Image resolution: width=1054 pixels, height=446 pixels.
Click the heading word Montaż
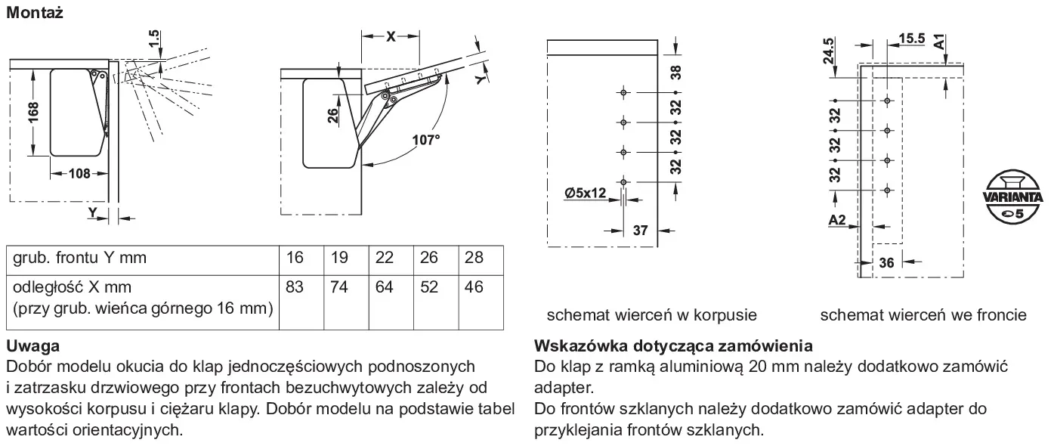point(34,13)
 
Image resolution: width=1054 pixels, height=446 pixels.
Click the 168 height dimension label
point(33,112)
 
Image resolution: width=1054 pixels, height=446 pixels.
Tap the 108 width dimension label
point(79,174)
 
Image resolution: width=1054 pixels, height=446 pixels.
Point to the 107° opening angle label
point(426,140)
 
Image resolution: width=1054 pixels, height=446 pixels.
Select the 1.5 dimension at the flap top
point(154,39)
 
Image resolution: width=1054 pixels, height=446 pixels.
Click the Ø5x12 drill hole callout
point(585,193)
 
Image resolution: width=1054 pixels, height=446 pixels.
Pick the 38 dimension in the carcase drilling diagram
point(675,72)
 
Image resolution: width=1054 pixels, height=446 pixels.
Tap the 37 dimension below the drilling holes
point(640,231)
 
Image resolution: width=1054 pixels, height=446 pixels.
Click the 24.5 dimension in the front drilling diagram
point(829,51)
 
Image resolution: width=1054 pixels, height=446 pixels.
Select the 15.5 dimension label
point(911,38)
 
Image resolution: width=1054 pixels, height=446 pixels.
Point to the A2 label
point(836,219)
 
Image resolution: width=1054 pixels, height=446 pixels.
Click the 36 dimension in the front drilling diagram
point(886,263)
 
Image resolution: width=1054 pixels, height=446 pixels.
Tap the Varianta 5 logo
point(1012,197)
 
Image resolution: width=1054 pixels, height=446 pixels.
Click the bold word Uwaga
point(33,346)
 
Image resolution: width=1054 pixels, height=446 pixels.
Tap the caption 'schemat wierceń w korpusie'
point(652,314)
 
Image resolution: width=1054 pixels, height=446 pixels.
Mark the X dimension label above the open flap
point(391,36)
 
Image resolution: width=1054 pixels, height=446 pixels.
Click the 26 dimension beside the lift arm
point(332,116)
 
